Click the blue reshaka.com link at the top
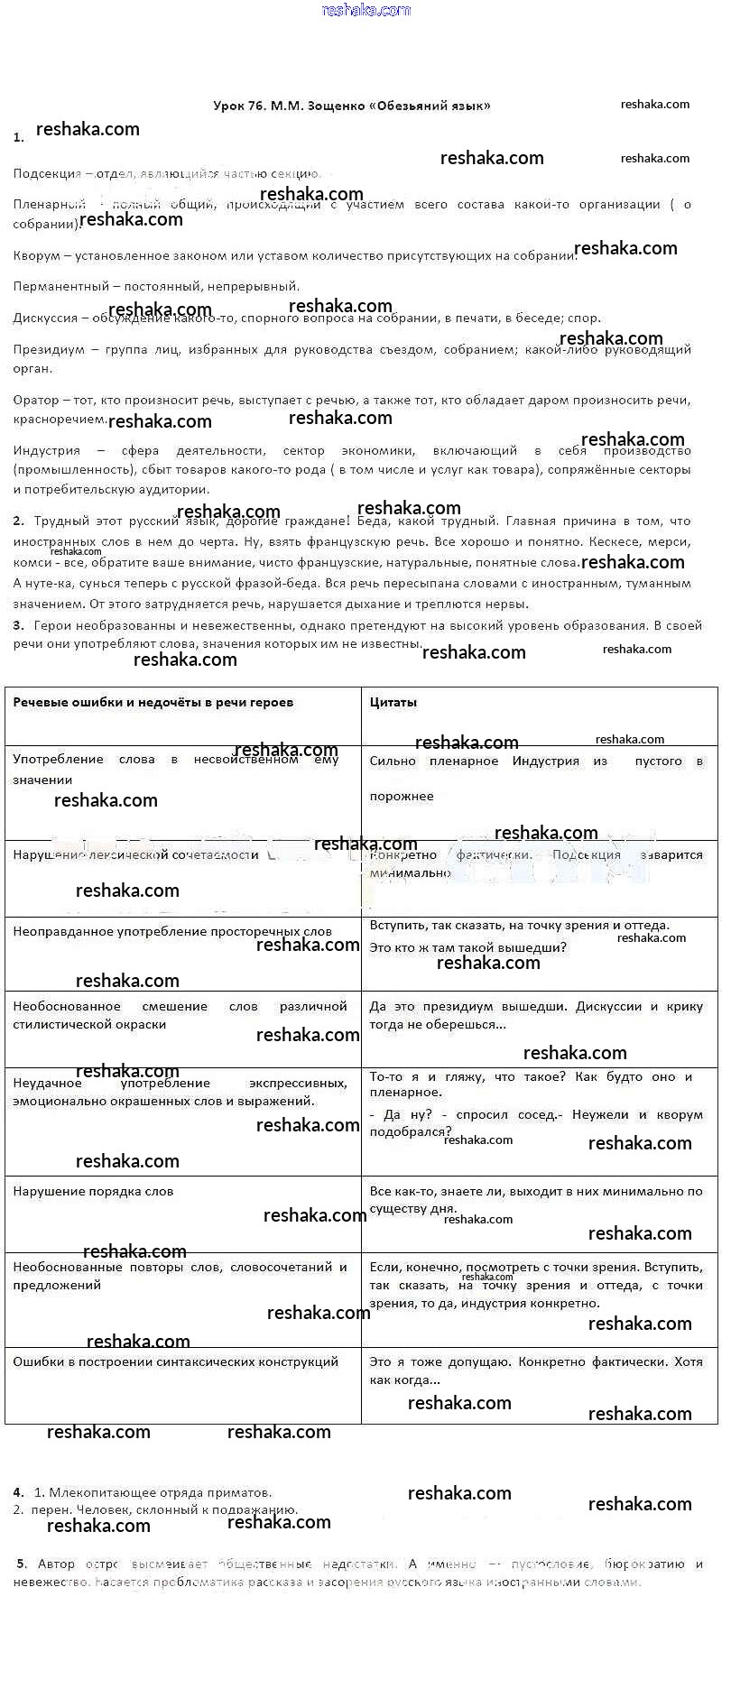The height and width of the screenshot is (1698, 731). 365,10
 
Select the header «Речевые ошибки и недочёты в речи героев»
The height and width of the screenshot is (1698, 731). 153,702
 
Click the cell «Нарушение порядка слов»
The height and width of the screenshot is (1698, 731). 93,1191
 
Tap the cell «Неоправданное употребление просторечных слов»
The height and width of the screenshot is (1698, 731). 171,931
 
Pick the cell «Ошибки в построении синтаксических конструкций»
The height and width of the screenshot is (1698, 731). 175,1361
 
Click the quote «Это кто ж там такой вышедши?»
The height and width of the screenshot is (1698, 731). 467,947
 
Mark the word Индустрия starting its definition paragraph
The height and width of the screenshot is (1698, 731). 47,450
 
